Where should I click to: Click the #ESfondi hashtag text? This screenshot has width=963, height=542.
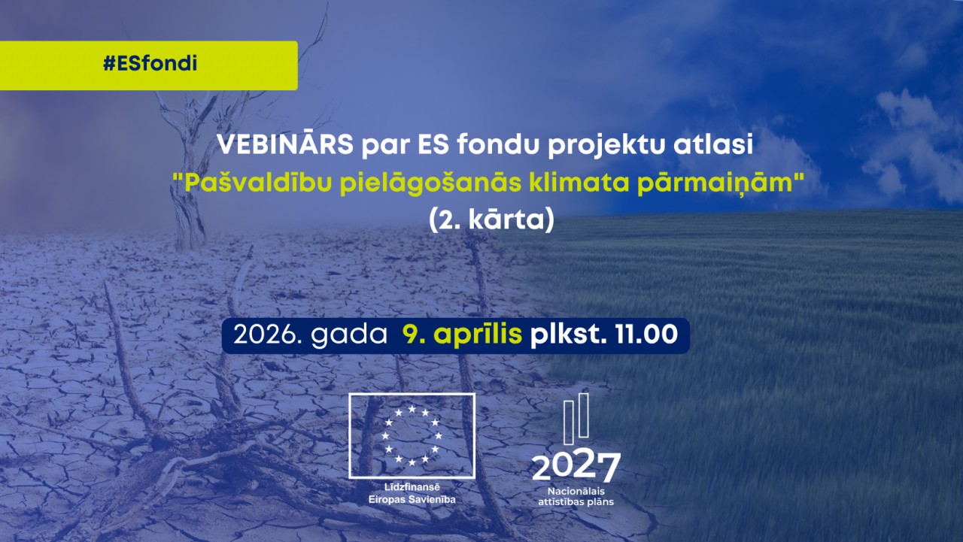click(150, 64)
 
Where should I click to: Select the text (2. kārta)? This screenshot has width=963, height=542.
click(491, 222)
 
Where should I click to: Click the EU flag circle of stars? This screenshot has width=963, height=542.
click(412, 435)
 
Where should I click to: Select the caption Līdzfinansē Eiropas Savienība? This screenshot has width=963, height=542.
click(412, 493)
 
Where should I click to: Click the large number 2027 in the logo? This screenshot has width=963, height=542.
click(576, 467)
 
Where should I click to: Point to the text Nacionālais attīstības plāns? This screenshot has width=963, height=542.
click(576, 496)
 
